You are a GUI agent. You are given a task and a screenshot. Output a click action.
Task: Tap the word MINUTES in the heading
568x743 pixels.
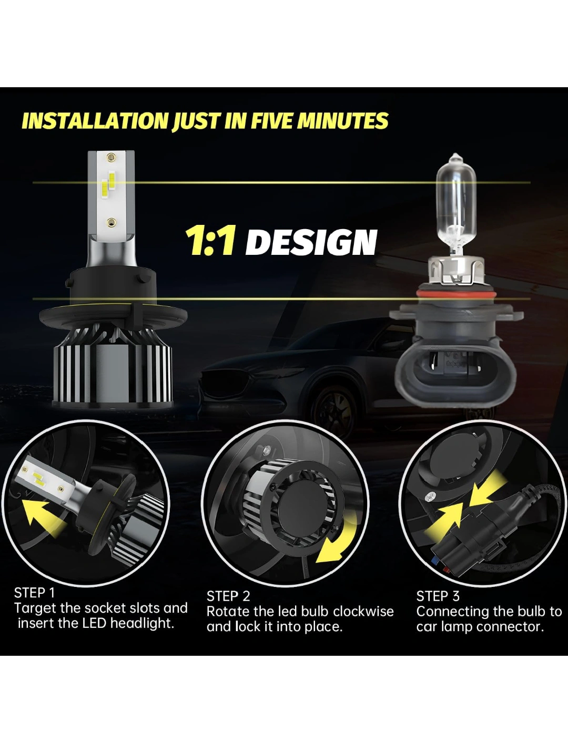click(x=342, y=121)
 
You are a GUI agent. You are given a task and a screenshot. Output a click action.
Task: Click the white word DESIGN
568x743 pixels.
click(x=311, y=242)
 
